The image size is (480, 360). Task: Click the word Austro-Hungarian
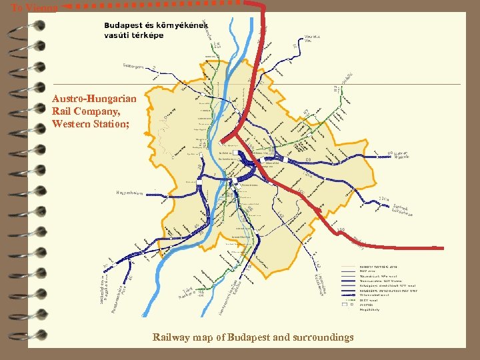pyautogui.click(x=94, y=99)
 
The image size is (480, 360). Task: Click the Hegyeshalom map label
pyautogui.click(x=129, y=193)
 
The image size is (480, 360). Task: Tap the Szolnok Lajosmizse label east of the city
pyautogui.click(x=402, y=211)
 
